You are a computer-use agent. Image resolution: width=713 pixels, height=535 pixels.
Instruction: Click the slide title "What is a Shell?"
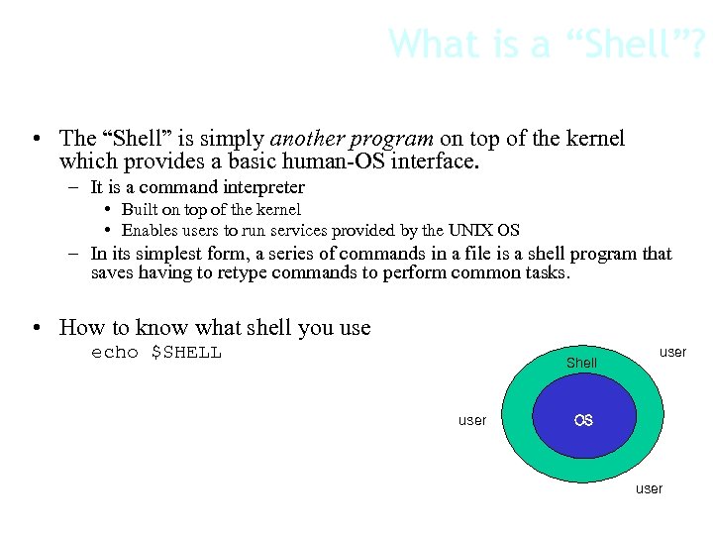click(x=547, y=44)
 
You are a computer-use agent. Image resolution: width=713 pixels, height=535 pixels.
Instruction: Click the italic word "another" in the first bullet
click(x=310, y=139)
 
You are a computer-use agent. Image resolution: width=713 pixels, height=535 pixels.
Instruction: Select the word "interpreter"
click(x=263, y=187)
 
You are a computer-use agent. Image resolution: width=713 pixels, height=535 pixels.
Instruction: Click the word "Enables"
click(x=150, y=230)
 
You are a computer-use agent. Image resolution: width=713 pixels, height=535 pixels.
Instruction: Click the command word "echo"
click(x=115, y=353)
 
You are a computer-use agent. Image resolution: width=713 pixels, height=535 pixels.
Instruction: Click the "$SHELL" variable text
click(x=186, y=353)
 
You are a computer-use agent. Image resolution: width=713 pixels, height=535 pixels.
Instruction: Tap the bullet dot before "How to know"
click(x=35, y=328)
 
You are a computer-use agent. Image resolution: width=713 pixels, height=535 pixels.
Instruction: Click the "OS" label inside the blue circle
click(x=583, y=420)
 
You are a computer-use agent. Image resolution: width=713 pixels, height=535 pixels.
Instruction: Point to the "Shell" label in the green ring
click(x=581, y=363)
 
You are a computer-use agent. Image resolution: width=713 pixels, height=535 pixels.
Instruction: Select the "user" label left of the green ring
click(x=472, y=420)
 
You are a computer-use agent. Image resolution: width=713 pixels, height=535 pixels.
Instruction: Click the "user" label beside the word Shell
click(x=672, y=352)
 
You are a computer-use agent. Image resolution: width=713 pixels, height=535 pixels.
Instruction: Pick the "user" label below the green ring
click(x=649, y=488)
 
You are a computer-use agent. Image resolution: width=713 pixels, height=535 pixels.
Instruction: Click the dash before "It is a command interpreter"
click(x=75, y=187)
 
